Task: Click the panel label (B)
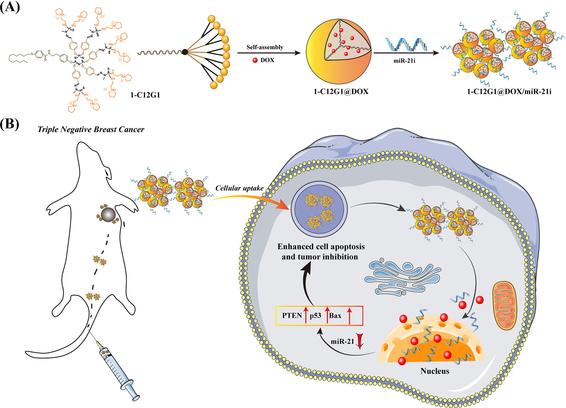[x=10, y=124]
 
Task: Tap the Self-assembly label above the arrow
[x=265, y=47]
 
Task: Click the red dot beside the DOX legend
[x=255, y=60]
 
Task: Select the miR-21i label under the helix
[x=404, y=60]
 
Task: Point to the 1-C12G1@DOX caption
[x=341, y=92]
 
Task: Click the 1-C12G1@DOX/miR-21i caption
[x=509, y=92]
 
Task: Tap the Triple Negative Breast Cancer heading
[x=91, y=129]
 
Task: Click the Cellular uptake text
[x=239, y=188]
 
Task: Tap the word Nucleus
[x=435, y=371]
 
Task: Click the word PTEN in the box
[x=292, y=315]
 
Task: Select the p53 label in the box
[x=315, y=315]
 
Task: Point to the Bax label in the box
[x=335, y=315]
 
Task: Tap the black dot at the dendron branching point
[x=185, y=52]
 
